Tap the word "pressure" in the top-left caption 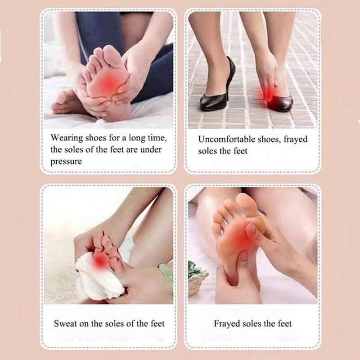(x=66, y=162)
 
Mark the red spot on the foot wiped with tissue (x=99, y=261)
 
